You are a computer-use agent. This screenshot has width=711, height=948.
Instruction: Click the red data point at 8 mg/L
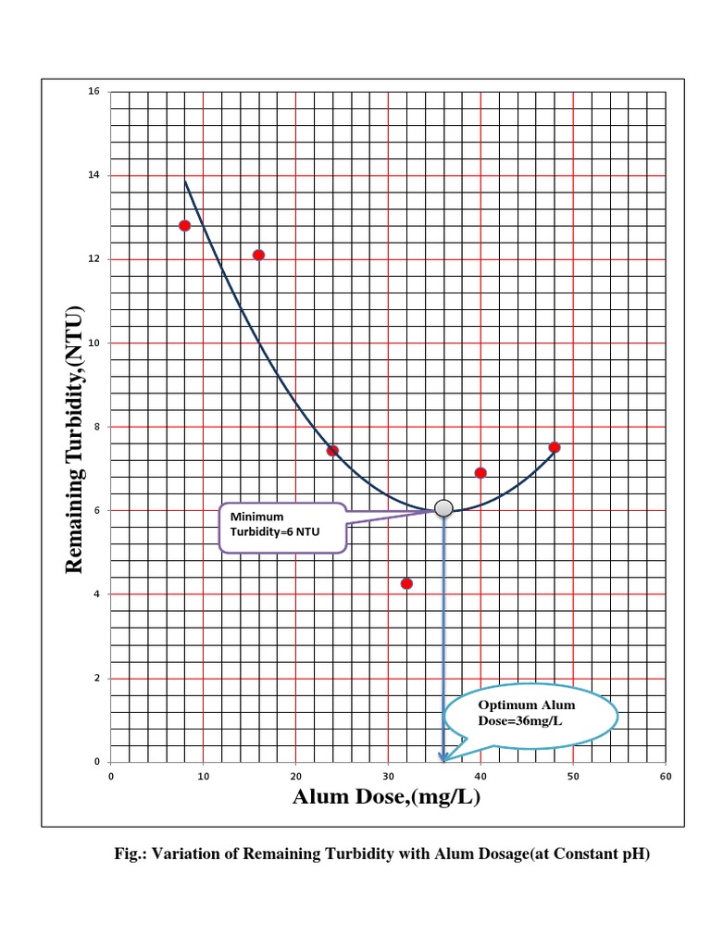point(185,225)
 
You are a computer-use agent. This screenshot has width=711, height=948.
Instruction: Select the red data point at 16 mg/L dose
point(258,255)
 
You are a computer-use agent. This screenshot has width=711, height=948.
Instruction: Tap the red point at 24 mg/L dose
point(332,451)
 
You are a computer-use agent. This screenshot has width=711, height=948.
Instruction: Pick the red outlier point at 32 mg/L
point(406,583)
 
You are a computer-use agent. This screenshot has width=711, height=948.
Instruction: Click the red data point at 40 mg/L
point(480,473)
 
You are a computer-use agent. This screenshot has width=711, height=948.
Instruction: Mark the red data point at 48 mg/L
point(555,447)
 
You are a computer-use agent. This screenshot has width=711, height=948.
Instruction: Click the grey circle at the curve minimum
point(443,508)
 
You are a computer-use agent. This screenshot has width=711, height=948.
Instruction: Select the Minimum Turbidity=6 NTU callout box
point(282,529)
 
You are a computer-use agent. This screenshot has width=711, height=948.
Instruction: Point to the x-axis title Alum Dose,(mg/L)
point(386,797)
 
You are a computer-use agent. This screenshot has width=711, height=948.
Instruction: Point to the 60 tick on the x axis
point(666,776)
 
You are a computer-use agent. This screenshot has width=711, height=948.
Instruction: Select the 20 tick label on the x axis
point(296,776)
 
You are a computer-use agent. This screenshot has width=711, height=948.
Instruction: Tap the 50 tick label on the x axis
point(573,776)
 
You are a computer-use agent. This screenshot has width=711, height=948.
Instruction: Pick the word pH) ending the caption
point(636,854)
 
